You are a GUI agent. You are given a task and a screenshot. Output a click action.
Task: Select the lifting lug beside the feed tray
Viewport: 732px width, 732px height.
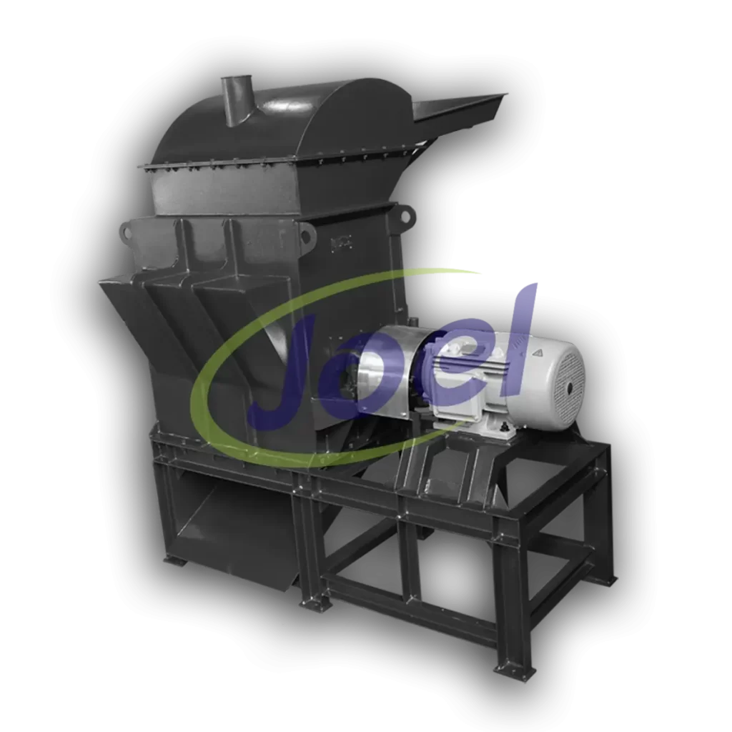pos(406,216)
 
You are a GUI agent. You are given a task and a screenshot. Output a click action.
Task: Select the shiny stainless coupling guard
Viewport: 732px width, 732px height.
pos(387,370)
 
